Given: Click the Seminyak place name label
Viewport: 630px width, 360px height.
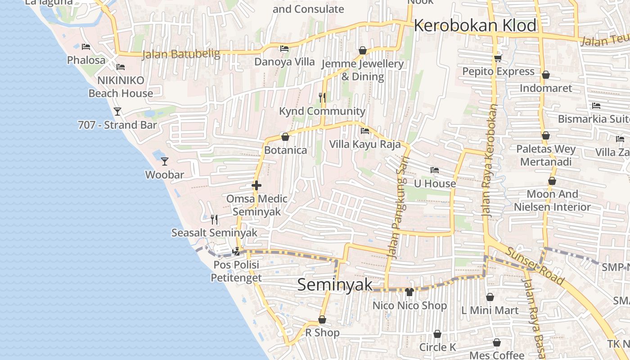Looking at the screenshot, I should (335, 284).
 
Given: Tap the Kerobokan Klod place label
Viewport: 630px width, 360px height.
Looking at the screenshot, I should (475, 25).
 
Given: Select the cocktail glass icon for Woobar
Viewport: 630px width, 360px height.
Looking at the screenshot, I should (165, 161).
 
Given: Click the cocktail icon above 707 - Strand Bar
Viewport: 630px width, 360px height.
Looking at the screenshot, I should (117, 111).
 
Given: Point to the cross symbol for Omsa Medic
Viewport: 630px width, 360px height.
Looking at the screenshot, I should (256, 185).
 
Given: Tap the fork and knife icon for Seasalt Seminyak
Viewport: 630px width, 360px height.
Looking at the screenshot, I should (214, 219).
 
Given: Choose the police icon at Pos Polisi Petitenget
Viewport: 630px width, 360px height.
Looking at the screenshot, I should (236, 251).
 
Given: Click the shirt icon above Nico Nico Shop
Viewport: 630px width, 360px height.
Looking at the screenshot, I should (409, 292).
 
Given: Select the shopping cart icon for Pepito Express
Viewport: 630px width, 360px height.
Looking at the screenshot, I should (498, 58).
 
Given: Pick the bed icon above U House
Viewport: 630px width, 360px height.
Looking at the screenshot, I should (434, 170).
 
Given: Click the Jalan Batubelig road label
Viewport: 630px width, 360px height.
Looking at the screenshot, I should (181, 54).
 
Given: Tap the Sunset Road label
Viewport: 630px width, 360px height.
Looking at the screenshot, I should (535, 266).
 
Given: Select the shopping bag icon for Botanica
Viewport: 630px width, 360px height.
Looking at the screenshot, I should (285, 137).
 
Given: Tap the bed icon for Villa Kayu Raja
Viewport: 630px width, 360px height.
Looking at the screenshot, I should (365, 131).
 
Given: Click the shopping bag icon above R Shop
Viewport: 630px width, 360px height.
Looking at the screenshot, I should (322, 319).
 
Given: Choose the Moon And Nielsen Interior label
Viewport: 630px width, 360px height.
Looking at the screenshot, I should (552, 201).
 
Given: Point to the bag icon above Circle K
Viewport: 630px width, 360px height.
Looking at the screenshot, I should (437, 334).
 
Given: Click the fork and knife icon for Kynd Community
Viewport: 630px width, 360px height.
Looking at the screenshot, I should (322, 97).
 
